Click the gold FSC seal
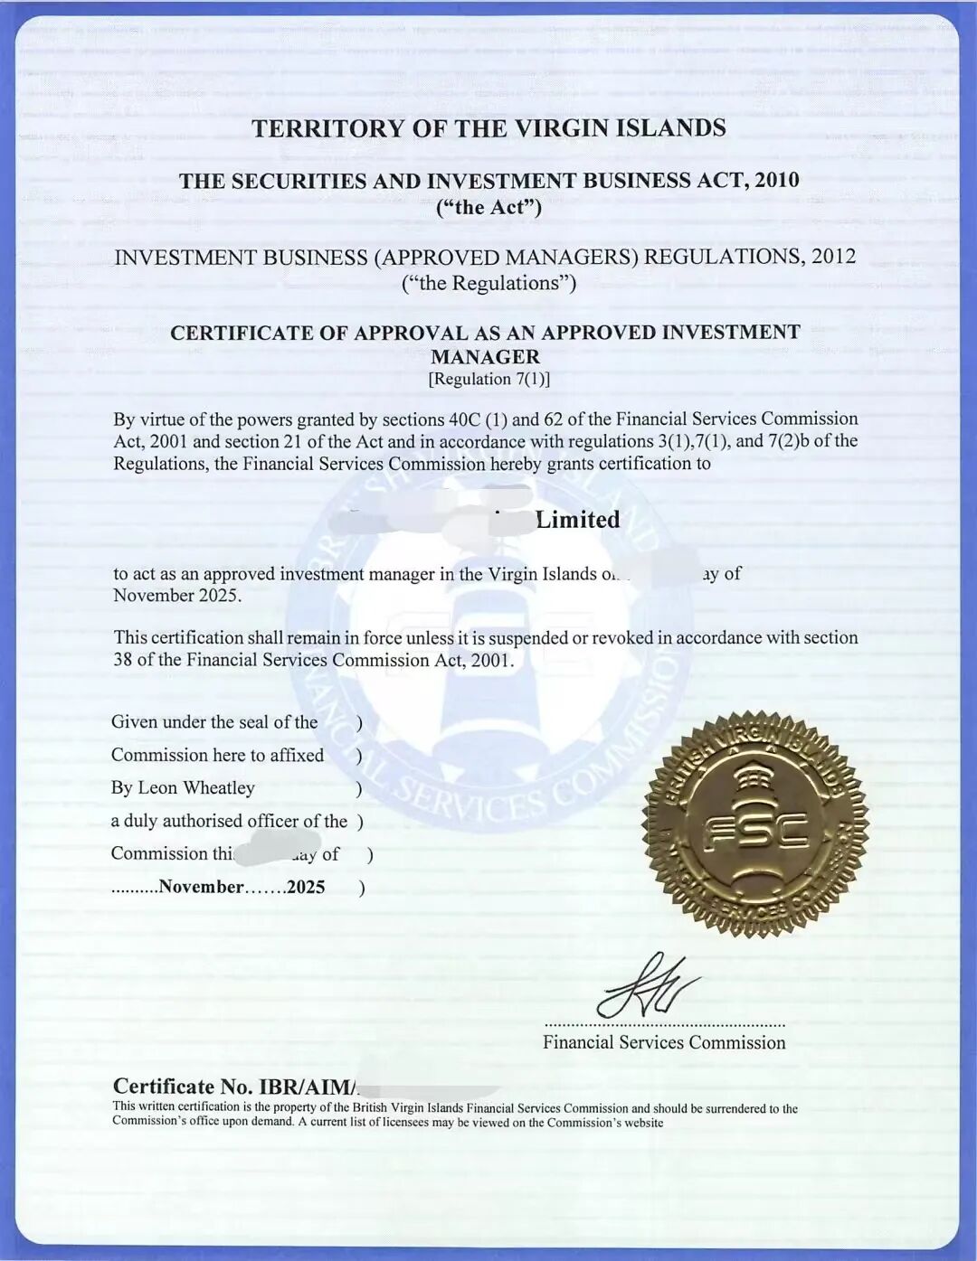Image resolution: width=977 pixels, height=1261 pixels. tap(755, 824)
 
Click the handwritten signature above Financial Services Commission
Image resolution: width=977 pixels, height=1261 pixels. tap(648, 986)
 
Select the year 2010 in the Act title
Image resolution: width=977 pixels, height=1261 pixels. tap(777, 180)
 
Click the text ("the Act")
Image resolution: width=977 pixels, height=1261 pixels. tap(488, 207)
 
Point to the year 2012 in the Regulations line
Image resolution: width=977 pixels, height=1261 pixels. tap(833, 257)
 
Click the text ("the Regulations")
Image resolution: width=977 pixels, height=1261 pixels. tap(488, 283)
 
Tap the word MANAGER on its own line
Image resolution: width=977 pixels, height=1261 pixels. tap(485, 357)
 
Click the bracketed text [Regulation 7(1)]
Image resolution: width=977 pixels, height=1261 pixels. tap(488, 379)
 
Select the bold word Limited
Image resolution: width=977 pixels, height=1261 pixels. tap(577, 520)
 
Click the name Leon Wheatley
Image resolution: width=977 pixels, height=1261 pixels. tap(196, 788)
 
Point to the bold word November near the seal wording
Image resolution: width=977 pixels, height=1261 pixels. tap(201, 887)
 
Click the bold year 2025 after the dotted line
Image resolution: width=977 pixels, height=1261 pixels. tap(306, 887)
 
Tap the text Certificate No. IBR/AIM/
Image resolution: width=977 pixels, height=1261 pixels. tap(235, 1087)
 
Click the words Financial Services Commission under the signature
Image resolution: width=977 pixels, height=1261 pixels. tap(664, 1042)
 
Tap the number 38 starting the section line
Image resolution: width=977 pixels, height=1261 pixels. tap(123, 660)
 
